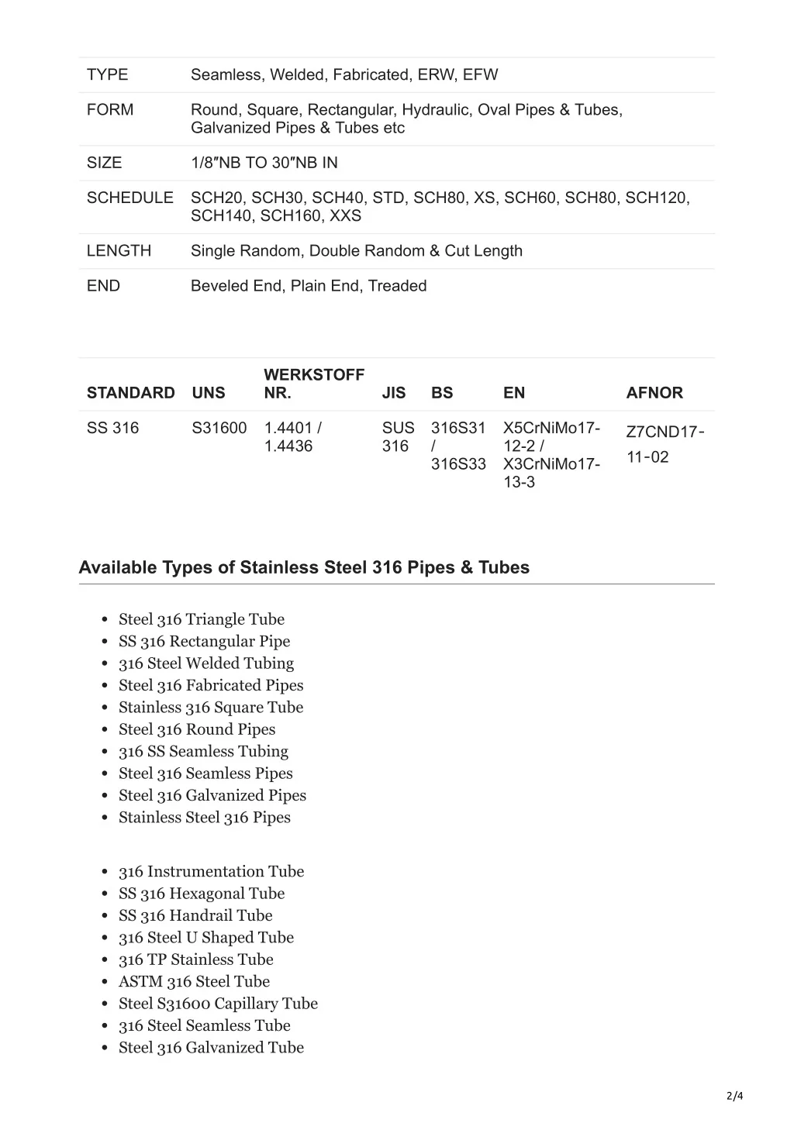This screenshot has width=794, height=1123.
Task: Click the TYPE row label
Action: pyautogui.click(x=107, y=75)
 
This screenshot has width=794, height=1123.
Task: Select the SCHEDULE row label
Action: pyautogui.click(x=129, y=198)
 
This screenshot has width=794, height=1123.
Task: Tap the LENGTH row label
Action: pyautogui.click(x=119, y=251)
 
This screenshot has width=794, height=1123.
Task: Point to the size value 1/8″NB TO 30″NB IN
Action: pyautogui.click(x=264, y=163)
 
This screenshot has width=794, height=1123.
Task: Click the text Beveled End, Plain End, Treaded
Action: pyautogui.click(x=309, y=286)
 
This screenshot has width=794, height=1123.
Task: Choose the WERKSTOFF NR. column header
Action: pyautogui.click(x=313, y=384)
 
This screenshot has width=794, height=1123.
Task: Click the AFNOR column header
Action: pyautogui.click(x=654, y=393)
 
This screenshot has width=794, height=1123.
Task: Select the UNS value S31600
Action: pyautogui.click(x=219, y=428)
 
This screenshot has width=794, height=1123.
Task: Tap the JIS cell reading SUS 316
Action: pyautogui.click(x=398, y=437)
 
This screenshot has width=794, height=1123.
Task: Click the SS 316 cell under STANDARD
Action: pyautogui.click(x=112, y=428)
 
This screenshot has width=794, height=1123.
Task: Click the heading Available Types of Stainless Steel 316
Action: pyautogui.click(x=304, y=567)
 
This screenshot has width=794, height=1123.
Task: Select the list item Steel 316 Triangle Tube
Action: pyautogui.click(x=202, y=619)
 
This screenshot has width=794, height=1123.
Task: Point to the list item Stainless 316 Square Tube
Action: pyautogui.click(x=211, y=708)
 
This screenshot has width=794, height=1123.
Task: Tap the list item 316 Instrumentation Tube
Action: pyautogui.click(x=211, y=872)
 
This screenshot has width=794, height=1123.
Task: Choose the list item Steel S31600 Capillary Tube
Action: pyautogui.click(x=218, y=1004)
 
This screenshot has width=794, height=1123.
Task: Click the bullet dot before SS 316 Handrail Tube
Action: pyautogui.click(x=105, y=917)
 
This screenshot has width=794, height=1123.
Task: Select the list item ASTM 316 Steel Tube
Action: pyautogui.click(x=194, y=982)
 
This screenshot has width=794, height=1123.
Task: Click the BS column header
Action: pyautogui.click(x=442, y=393)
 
